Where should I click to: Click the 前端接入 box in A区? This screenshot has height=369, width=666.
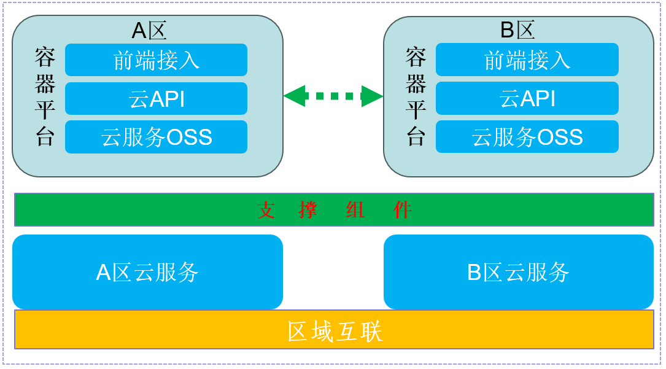(156, 60)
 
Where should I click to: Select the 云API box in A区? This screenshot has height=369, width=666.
(156, 98)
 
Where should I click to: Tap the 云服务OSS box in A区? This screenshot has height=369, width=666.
(156, 137)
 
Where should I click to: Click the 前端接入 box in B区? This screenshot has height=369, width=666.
(527, 60)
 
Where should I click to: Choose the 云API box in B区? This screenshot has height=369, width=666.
(527, 98)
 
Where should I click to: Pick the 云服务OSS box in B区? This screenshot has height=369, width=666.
(527, 137)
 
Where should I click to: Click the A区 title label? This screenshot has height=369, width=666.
(149, 31)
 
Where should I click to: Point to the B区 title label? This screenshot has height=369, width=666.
(517, 29)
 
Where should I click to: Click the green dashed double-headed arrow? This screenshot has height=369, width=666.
(333, 96)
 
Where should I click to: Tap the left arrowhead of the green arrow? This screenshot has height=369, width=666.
(294, 96)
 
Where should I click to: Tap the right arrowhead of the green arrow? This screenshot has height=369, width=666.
(373, 96)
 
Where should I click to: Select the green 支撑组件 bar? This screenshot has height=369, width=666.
(335, 210)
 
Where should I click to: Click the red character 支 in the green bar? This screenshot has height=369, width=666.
(266, 210)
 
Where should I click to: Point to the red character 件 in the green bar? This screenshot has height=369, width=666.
(402, 210)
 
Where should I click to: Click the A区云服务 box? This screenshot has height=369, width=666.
(147, 272)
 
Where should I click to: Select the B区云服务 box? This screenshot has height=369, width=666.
(519, 272)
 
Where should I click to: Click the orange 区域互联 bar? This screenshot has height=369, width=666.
(335, 330)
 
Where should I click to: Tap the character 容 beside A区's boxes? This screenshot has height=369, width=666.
(45, 57)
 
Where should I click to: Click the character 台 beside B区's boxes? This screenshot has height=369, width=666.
(416, 136)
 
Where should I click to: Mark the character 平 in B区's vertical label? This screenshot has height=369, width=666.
(416, 110)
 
